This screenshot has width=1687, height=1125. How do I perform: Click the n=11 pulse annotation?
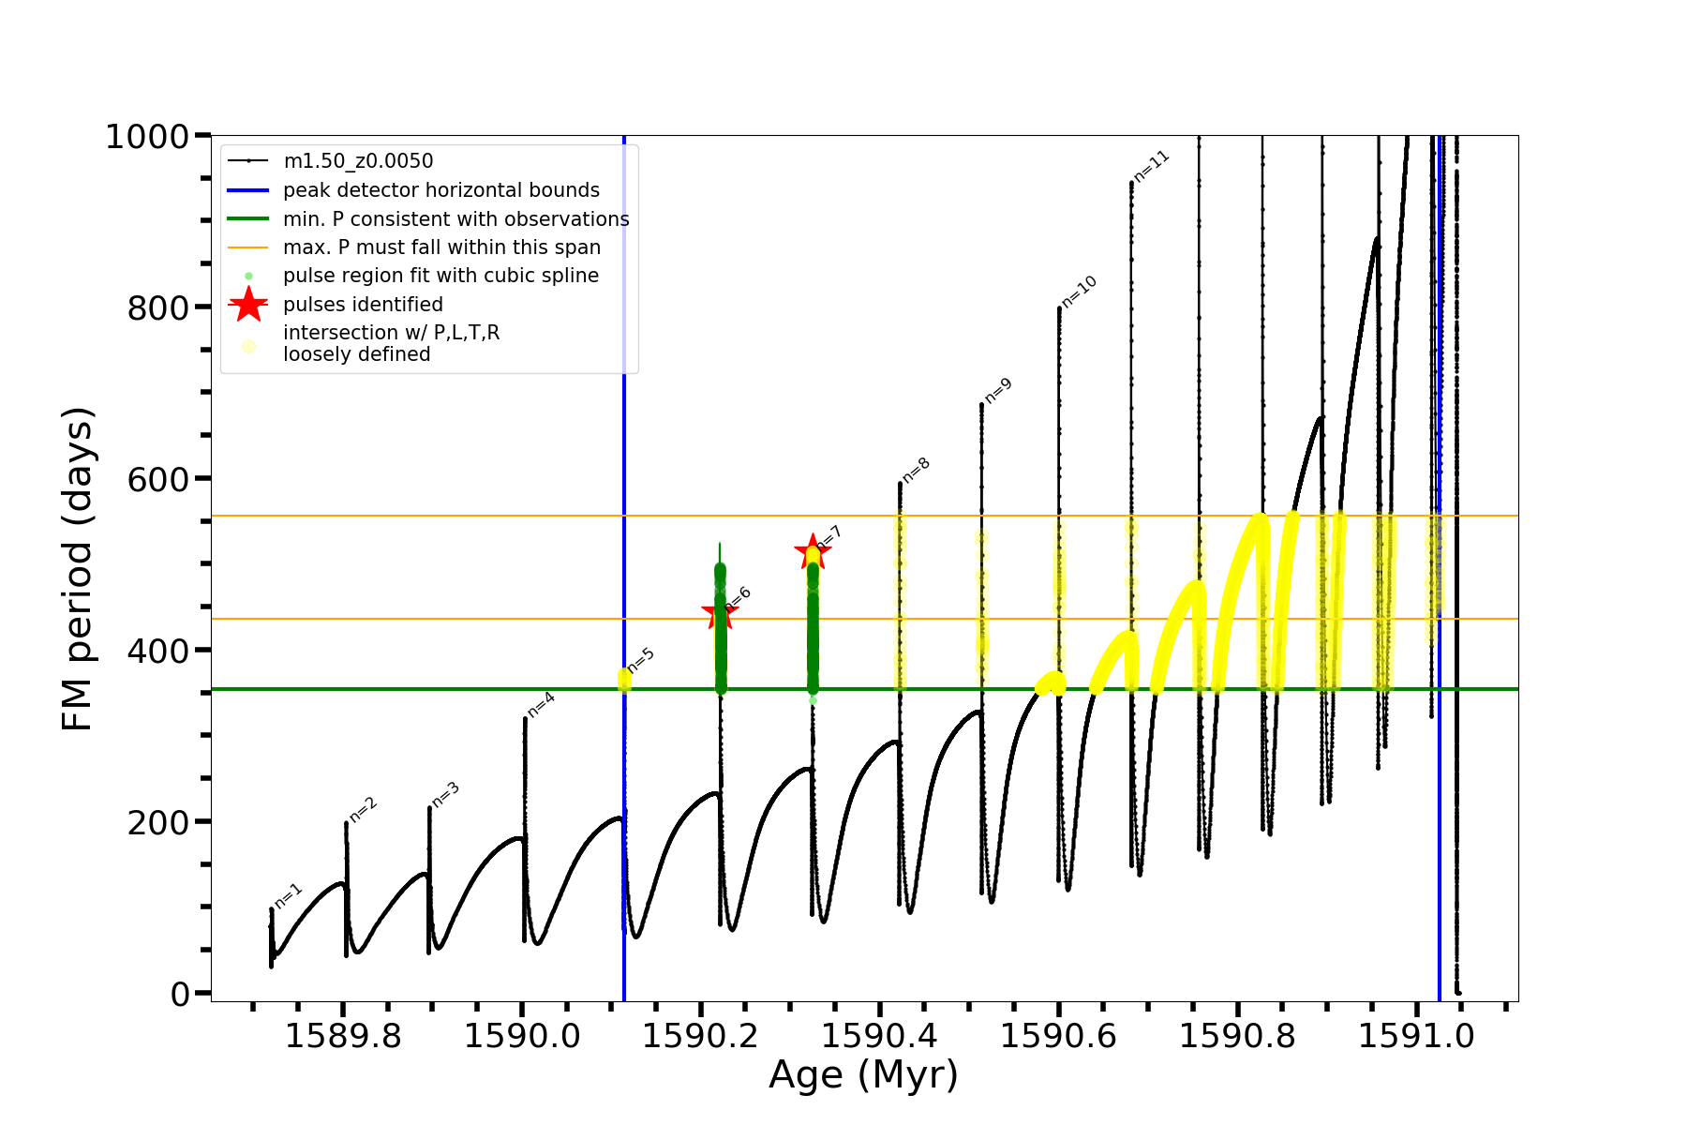[x=1152, y=166]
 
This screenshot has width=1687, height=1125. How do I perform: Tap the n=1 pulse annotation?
[x=288, y=896]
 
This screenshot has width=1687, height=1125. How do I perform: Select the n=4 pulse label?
[x=541, y=705]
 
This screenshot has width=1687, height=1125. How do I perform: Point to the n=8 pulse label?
[x=916, y=470]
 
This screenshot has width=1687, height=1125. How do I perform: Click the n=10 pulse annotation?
[x=1079, y=292]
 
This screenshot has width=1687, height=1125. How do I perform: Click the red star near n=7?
[x=812, y=551]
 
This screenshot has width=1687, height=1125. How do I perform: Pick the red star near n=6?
[x=720, y=613]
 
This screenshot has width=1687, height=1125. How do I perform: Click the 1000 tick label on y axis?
[x=147, y=137]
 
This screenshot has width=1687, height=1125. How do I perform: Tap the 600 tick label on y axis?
[x=157, y=479]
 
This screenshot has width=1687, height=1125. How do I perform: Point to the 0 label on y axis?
[x=180, y=994]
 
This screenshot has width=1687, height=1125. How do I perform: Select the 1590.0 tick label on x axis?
[x=522, y=1036]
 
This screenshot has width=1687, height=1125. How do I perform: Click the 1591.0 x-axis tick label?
[x=1416, y=1036]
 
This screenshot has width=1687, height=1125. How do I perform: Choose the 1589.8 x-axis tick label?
[x=343, y=1036]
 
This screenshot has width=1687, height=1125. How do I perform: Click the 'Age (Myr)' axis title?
[x=863, y=1075]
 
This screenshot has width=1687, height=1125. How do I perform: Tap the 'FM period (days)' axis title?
[x=77, y=568]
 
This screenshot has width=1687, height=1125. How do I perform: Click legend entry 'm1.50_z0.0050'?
[x=358, y=161]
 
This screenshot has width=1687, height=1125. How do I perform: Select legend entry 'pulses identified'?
[x=363, y=305]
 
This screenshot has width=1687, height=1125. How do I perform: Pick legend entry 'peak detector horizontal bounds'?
[x=440, y=190]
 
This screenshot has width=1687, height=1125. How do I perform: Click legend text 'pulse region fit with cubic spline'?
[x=440, y=276]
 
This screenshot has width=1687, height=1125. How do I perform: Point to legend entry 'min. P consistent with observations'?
[x=455, y=219]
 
